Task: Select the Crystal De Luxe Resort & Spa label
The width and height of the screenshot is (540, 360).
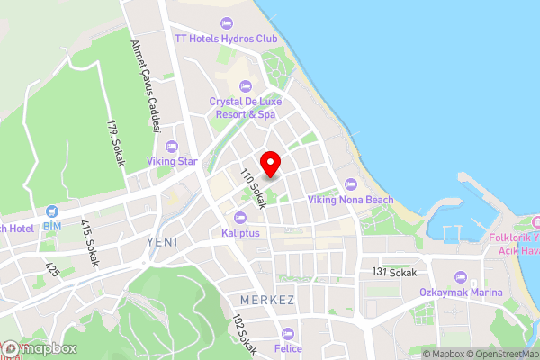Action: click(x=243, y=108)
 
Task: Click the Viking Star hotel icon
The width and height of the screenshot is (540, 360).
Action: click(x=171, y=146)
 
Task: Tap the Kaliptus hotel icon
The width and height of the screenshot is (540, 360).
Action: click(x=239, y=217)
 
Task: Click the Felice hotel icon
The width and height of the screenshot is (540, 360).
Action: click(x=287, y=333)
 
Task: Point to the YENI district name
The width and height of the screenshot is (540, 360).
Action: click(x=162, y=243)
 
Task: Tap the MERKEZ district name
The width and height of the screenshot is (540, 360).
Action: click(x=268, y=299)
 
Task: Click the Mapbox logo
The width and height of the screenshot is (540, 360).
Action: click(x=40, y=349)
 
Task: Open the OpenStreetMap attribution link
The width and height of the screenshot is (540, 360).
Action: click(x=502, y=354)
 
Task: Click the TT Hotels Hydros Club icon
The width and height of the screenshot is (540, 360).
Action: click(x=225, y=22)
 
